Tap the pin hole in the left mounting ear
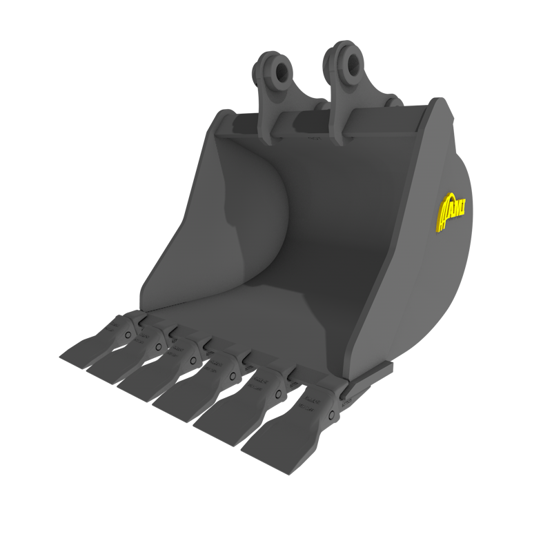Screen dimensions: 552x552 pyautogui.click(x=279, y=70)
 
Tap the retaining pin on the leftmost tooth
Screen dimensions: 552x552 pyautogui.click(x=128, y=335)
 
